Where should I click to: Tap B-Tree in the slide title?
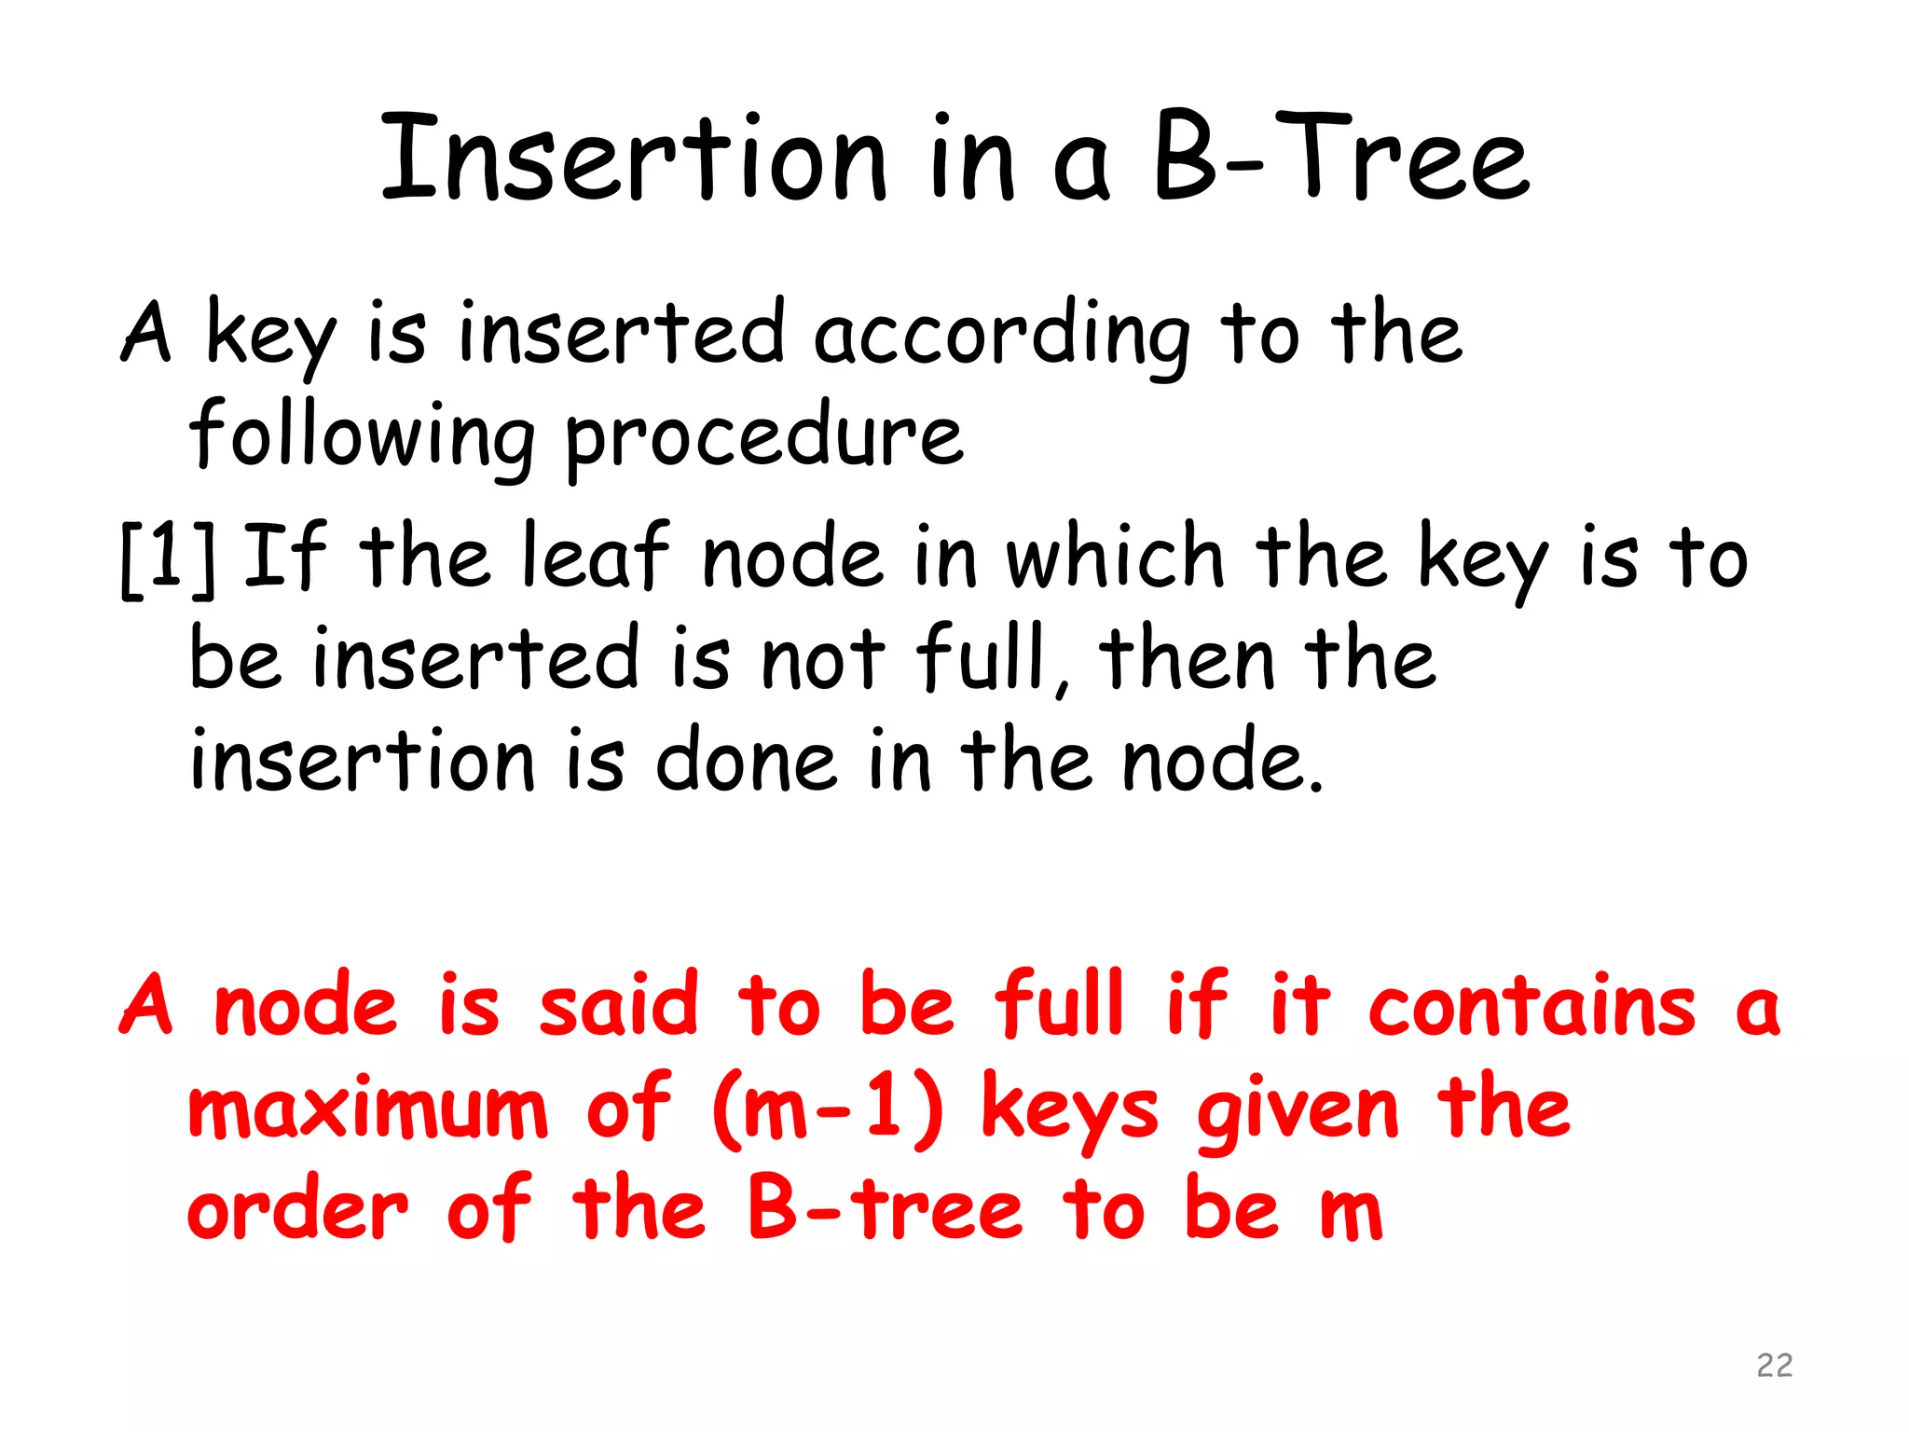tap(1340, 157)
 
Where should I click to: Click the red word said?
tap(618, 1005)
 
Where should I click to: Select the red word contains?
tap(1531, 1005)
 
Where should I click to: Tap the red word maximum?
tap(367, 1109)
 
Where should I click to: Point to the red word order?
tap(298, 1212)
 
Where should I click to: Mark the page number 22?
tap(1774, 1365)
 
